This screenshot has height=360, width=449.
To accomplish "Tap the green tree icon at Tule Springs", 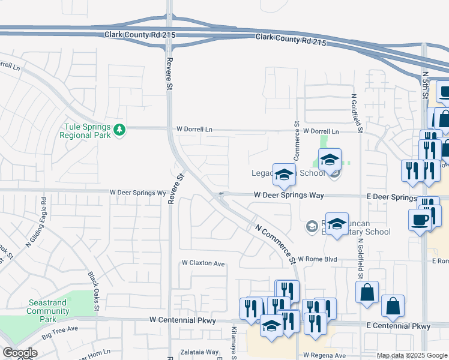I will coord(119,130).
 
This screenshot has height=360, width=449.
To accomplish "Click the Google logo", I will coord(20,353).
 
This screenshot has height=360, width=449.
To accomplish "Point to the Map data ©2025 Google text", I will coord(412,356).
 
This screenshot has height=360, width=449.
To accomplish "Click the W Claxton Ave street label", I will coord(203,263).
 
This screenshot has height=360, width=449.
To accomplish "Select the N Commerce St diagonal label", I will coord(276,245).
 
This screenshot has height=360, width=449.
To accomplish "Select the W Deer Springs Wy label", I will coord(137,193).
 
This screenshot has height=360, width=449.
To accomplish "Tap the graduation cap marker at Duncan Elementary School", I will coord(337,224).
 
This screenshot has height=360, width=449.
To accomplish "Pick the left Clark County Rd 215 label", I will coord(140,35).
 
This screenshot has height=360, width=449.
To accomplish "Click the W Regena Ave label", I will coord(325,355).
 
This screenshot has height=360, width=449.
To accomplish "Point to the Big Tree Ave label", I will coord(60,329).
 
